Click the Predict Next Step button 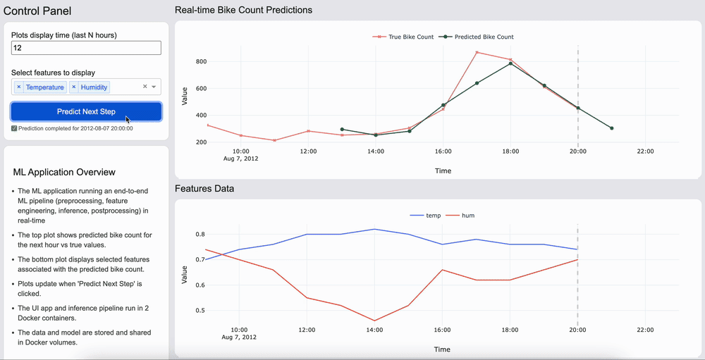coord(86,111)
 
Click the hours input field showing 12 coord(86,48)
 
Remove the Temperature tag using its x coord(19,87)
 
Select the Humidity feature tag coord(94,87)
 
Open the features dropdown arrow coord(154,87)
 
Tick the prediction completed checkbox coord(14,128)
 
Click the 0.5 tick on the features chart coord(200,310)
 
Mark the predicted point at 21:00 coord(611,128)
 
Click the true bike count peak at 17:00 coord(477,52)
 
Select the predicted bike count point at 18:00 coord(510,63)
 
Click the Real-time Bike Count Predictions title coord(243,10)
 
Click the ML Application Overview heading coord(64,172)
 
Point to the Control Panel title coord(37,11)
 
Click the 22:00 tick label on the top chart coord(645,151)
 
